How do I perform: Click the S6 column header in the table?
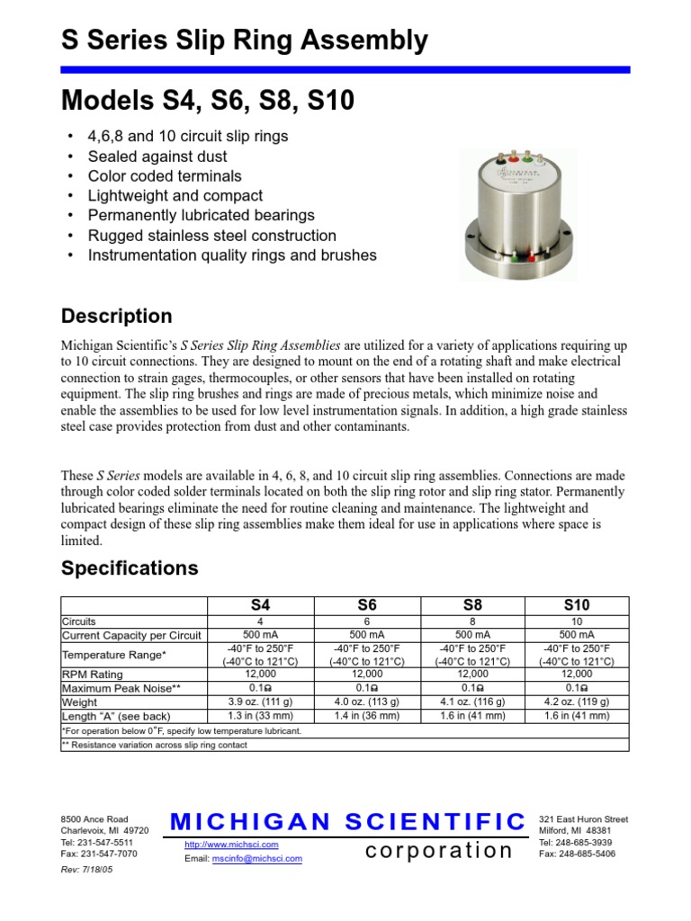(x=367, y=605)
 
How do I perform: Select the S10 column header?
(x=577, y=605)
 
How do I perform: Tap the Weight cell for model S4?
(x=260, y=702)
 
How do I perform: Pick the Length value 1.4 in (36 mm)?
(x=367, y=716)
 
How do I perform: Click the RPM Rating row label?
(x=93, y=674)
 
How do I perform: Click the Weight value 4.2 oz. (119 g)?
(x=577, y=702)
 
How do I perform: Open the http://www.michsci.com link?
(x=231, y=845)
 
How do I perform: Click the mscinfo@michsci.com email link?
(x=257, y=859)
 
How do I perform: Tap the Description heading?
(x=116, y=317)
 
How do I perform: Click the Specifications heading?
(x=129, y=568)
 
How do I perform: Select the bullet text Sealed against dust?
(x=152, y=156)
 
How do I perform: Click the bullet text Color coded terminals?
(x=164, y=175)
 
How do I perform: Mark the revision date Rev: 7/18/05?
(x=86, y=871)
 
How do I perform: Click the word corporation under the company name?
(x=439, y=850)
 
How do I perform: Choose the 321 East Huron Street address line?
(x=583, y=819)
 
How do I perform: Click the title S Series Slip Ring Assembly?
(x=244, y=40)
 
